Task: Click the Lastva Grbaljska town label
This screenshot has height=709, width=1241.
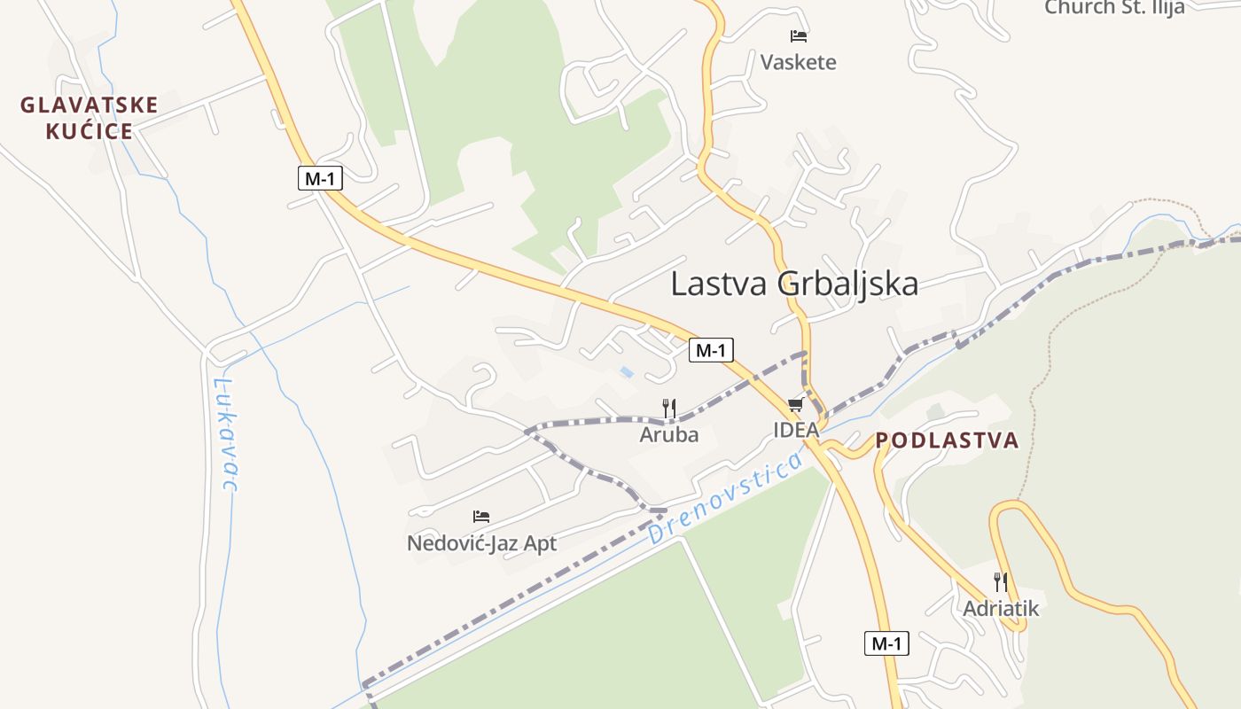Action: (x=794, y=284)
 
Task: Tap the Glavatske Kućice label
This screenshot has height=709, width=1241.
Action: (x=89, y=118)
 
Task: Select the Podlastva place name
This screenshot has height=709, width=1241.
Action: (x=947, y=440)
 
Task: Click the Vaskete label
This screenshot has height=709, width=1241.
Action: (x=798, y=62)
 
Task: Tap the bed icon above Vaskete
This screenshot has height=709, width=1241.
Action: (x=799, y=36)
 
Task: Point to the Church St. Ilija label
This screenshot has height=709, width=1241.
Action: (x=1114, y=8)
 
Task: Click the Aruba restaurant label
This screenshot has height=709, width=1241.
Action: (x=669, y=434)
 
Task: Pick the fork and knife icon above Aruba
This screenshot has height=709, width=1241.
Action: (x=669, y=409)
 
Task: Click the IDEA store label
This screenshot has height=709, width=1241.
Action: (x=796, y=430)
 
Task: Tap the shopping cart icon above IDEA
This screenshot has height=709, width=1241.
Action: (x=795, y=405)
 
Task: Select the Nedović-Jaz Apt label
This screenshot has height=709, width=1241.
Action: (x=481, y=542)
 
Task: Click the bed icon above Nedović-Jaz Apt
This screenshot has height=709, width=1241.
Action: (x=481, y=516)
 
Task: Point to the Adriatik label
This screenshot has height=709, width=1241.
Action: (x=1001, y=609)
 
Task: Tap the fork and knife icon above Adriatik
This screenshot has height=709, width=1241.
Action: (x=1001, y=582)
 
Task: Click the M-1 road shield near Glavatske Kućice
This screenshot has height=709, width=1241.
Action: (x=320, y=178)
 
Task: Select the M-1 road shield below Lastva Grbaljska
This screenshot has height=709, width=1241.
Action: (x=711, y=350)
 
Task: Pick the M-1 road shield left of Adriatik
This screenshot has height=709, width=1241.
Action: (x=886, y=643)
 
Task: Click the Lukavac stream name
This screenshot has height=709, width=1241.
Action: (x=227, y=434)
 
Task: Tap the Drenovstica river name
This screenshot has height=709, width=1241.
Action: (x=725, y=498)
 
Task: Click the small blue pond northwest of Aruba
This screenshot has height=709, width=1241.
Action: (x=628, y=372)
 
